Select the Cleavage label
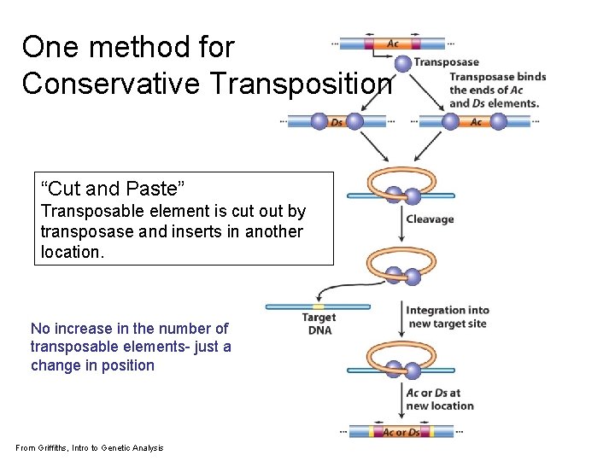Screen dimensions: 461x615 tap(430, 219)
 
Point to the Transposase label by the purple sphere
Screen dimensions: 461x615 tap(447, 62)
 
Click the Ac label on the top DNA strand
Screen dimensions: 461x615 tap(393, 44)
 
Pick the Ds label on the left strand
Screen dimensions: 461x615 tap(337, 122)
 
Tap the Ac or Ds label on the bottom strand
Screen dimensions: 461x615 tap(401, 432)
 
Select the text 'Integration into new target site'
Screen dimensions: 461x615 tap(447, 317)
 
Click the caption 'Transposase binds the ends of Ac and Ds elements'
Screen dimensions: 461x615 tap(497, 90)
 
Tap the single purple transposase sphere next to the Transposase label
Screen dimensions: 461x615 tap(402, 63)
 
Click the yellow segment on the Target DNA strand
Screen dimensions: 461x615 tap(319, 306)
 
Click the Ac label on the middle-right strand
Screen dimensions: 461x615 tap(476, 122)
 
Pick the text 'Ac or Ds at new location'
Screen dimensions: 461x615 tap(439, 400)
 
